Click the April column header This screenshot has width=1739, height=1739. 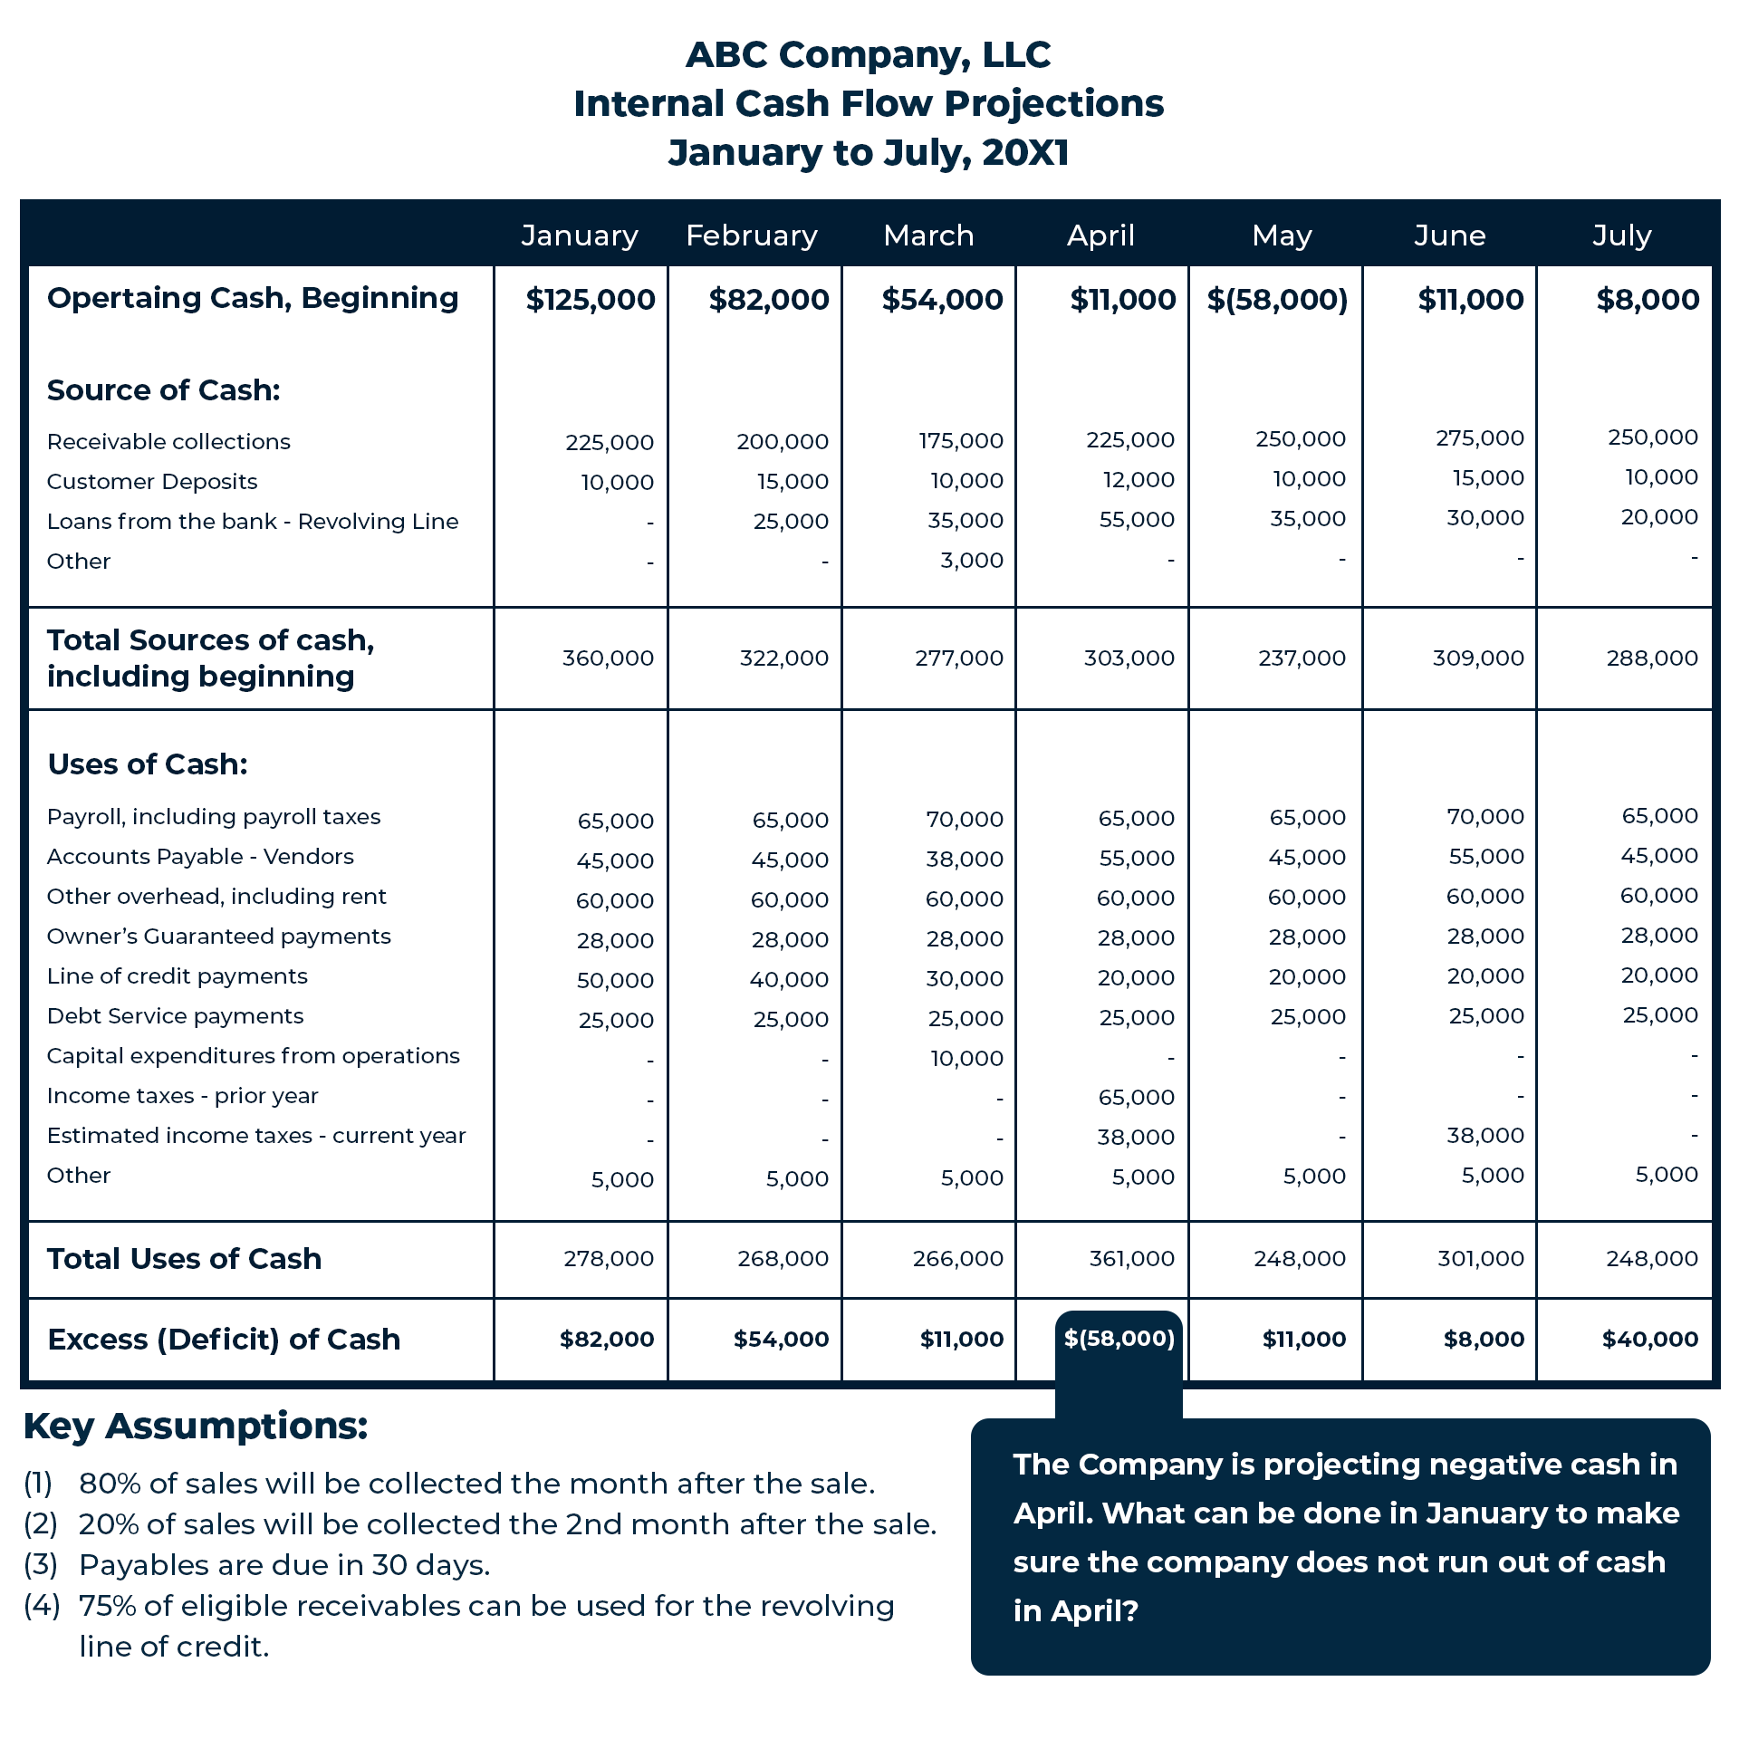coord(1100,235)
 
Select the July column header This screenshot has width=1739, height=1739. coord(1622,235)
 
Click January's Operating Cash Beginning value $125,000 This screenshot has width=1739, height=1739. coord(591,300)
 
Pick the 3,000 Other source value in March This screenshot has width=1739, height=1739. coord(972,561)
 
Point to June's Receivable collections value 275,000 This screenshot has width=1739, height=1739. coord(1480,438)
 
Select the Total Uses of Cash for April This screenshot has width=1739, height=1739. coord(1131,1258)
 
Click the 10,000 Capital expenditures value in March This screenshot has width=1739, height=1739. coord(966,1058)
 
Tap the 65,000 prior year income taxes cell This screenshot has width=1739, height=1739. coord(1136,1097)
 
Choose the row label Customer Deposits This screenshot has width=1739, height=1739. coord(152,482)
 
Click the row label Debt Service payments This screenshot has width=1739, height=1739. coord(175,1016)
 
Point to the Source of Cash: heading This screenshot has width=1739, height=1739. coord(163,390)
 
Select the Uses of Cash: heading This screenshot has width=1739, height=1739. coord(148,764)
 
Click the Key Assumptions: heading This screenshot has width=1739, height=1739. coord(196,1427)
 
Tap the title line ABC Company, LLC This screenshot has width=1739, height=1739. coord(868,55)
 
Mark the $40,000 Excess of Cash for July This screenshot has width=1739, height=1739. coord(1649,1339)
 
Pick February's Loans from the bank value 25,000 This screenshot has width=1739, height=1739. coord(791,522)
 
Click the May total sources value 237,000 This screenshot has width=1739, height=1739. coord(1302,658)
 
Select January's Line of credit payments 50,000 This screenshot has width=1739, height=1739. coord(615,980)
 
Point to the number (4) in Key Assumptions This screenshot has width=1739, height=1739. coord(42,1606)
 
